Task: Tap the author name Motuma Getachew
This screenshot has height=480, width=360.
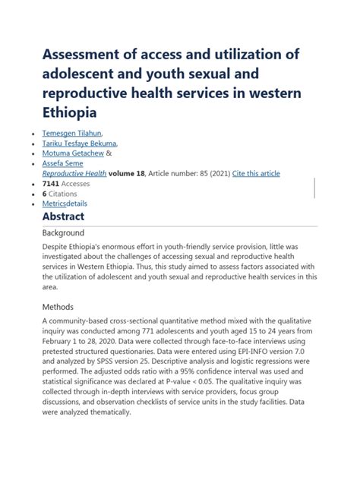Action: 72,153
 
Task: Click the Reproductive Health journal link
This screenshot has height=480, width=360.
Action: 74,173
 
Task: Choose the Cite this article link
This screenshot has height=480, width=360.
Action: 256,173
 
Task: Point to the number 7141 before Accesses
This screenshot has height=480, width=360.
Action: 51,184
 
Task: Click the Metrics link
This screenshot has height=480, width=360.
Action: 54,204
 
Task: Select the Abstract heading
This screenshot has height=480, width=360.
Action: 63,216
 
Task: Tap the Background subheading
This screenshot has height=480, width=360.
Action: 63,232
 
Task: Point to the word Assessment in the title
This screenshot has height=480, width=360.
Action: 89,55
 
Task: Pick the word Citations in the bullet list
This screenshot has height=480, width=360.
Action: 62,194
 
